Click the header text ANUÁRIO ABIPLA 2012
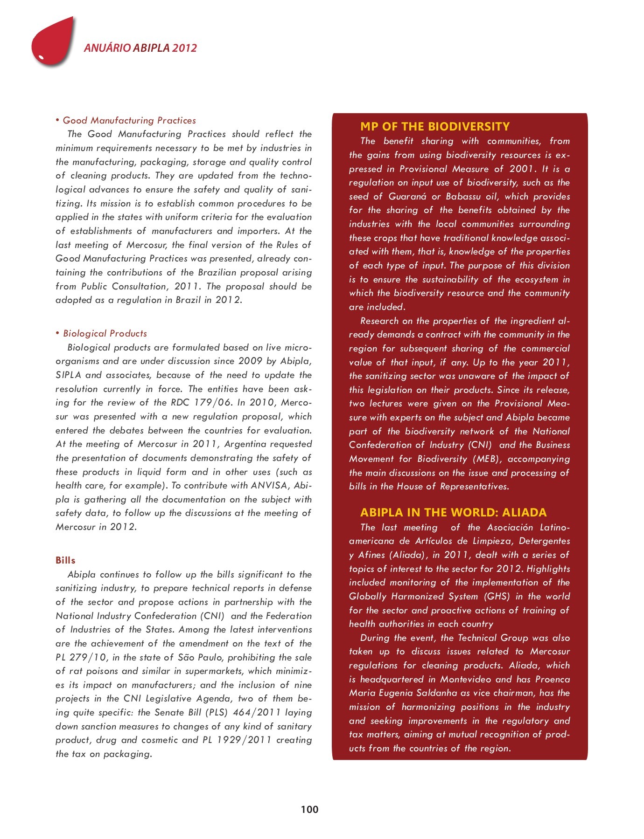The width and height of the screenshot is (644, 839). (x=140, y=48)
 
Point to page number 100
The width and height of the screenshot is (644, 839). (x=309, y=809)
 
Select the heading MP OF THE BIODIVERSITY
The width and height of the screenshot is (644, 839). (x=434, y=127)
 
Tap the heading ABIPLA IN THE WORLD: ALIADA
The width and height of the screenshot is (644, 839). (x=453, y=513)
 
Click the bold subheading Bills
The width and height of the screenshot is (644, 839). (x=65, y=560)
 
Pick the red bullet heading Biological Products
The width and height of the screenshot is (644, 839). (x=105, y=334)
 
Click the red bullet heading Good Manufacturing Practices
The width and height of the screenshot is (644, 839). (x=129, y=121)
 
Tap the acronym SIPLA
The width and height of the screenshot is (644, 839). (x=68, y=375)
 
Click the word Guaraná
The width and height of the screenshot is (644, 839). (x=407, y=197)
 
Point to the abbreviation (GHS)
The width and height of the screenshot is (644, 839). (x=497, y=597)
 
